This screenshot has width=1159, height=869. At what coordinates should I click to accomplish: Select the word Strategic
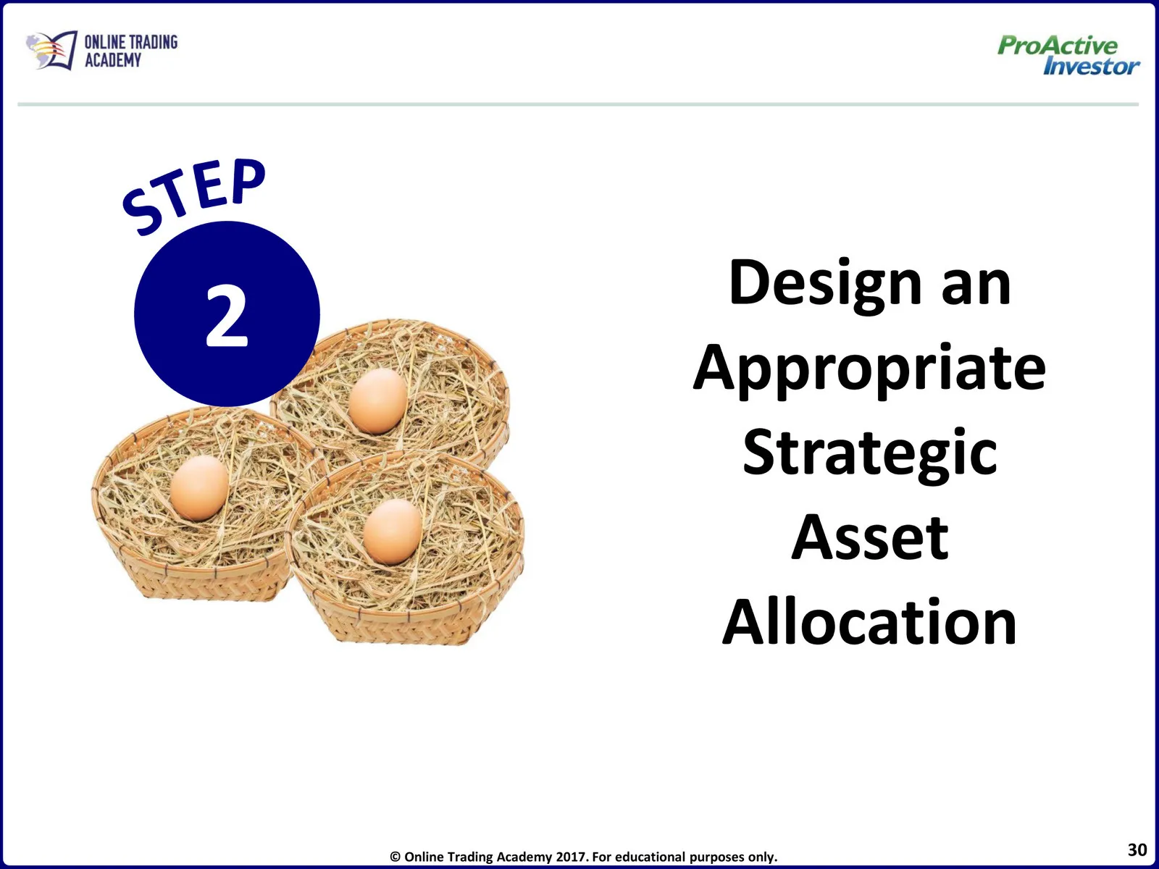(870, 456)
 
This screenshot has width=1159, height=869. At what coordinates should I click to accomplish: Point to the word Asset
(870, 538)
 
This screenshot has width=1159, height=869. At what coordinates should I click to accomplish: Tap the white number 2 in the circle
(227, 316)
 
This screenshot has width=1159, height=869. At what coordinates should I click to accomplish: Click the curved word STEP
(194, 196)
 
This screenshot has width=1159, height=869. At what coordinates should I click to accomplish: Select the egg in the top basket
(377, 400)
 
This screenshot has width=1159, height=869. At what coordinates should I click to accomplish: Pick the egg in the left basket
(199, 488)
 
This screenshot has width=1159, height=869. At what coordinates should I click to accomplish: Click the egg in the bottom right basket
(393, 532)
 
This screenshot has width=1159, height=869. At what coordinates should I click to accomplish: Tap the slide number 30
(1137, 849)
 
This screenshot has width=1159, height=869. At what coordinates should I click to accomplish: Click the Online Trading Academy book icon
(51, 50)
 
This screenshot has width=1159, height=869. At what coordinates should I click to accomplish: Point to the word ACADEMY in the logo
(113, 60)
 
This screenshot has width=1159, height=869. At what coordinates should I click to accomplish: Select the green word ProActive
(1057, 46)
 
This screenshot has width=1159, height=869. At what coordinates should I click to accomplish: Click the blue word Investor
(1092, 67)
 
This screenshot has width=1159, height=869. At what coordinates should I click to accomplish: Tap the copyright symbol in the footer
(395, 857)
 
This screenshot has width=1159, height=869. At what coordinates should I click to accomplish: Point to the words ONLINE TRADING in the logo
(131, 42)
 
